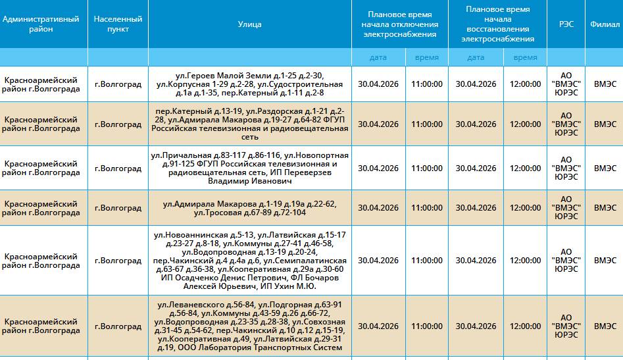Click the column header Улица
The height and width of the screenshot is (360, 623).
click(x=249, y=24)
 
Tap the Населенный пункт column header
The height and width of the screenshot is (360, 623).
click(x=118, y=24)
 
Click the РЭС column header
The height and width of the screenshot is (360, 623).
click(x=566, y=24)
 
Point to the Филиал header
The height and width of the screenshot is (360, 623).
click(x=604, y=24)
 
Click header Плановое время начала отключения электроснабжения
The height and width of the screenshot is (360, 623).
click(x=403, y=24)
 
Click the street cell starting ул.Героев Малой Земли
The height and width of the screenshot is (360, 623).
click(x=249, y=84)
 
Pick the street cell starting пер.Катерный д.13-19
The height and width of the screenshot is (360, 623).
click(x=249, y=124)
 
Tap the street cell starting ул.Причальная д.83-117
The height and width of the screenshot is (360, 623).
click(x=249, y=168)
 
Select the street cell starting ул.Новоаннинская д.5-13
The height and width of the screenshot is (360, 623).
click(x=249, y=261)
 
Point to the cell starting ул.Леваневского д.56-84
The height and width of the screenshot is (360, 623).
click(x=249, y=326)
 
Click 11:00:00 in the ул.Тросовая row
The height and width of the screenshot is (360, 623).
click(x=426, y=208)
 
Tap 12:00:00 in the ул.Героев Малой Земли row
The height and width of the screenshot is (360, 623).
click(x=525, y=84)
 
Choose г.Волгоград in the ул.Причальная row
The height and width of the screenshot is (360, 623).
click(x=118, y=168)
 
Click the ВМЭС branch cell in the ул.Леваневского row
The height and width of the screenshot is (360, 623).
click(x=604, y=326)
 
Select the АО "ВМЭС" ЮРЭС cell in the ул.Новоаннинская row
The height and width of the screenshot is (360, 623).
click(x=566, y=261)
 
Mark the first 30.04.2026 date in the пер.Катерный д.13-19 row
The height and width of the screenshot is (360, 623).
click(x=378, y=124)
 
